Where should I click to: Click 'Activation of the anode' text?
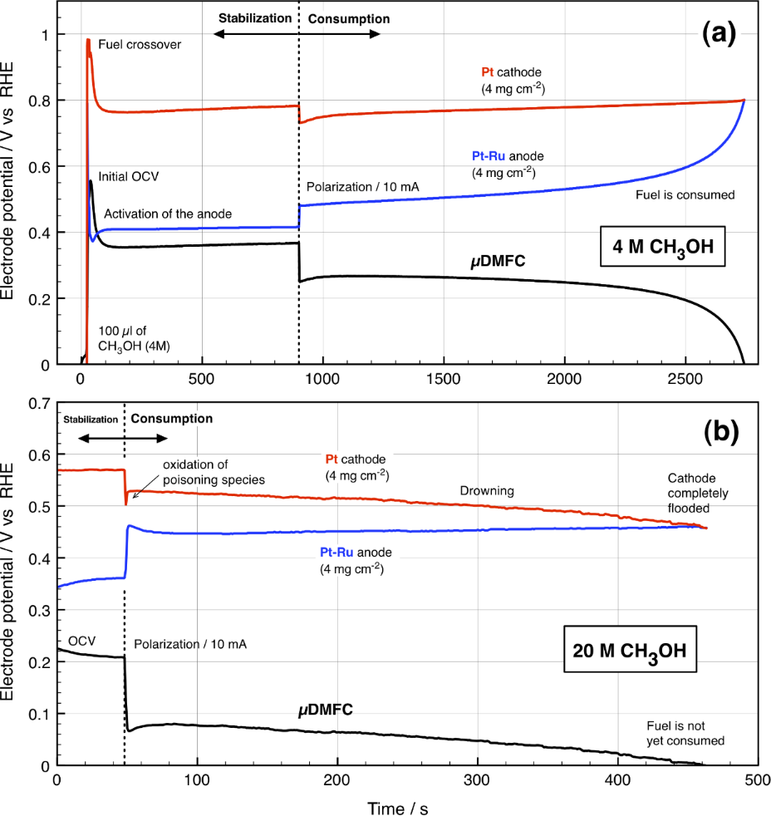167,214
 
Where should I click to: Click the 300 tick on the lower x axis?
477,781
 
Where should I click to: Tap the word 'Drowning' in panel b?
487,491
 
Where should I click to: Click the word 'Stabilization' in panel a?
254,17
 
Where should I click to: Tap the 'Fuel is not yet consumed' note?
686,733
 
